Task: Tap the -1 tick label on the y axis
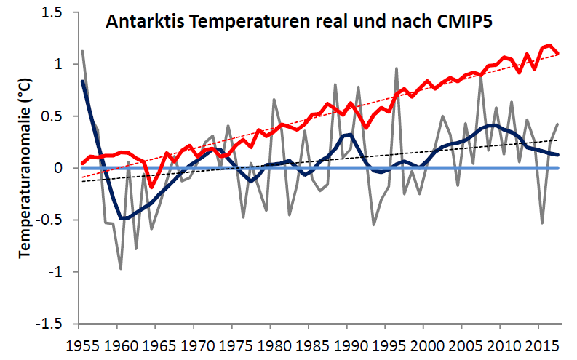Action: point(61,272)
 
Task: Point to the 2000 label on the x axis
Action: point(424,343)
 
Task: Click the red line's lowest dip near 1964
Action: point(151,187)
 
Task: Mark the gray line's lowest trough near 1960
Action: point(121,268)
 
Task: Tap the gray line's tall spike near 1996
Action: point(396,68)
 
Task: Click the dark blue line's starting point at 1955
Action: point(83,81)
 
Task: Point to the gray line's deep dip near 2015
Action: point(542,223)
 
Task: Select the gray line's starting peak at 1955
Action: point(83,51)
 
